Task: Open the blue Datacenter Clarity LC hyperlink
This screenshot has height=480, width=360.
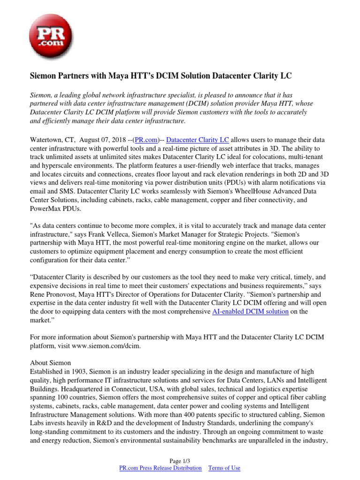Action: click(x=198, y=140)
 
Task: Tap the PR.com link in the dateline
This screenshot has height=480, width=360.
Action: click(x=145, y=140)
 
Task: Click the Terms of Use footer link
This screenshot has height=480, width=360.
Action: click(x=224, y=468)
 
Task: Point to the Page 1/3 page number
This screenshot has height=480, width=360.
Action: click(x=180, y=461)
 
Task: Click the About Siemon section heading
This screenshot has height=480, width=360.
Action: click(x=51, y=363)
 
